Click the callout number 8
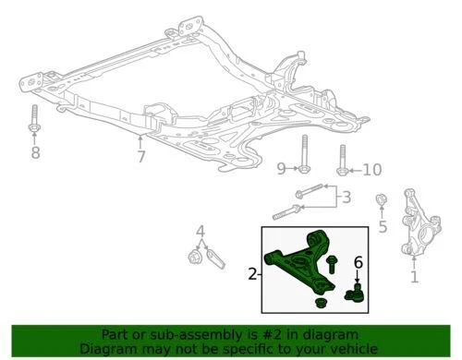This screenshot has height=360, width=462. [35, 152]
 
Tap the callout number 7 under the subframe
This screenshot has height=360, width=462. [140, 157]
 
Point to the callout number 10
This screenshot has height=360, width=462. [371, 169]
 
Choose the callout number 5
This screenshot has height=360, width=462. [382, 226]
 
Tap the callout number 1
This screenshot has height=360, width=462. [415, 275]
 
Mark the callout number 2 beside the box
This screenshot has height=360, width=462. [252, 274]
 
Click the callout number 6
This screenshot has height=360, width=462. [359, 264]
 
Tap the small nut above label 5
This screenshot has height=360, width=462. [381, 200]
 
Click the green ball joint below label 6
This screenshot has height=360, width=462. [354, 294]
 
